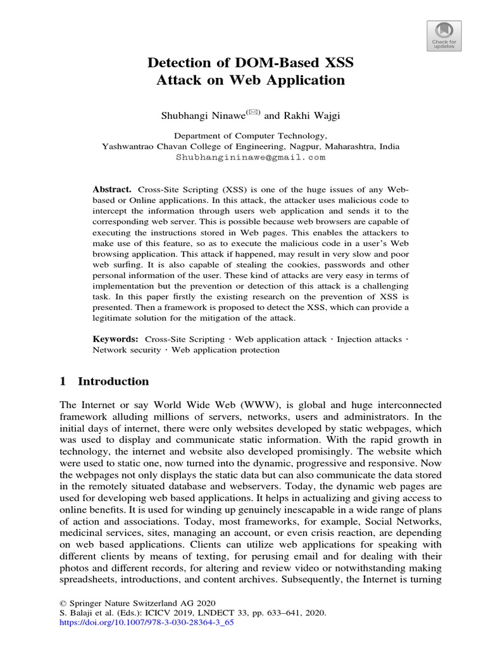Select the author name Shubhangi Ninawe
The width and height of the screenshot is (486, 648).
[x=198, y=115]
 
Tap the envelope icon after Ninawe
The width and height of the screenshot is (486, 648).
[x=235, y=112]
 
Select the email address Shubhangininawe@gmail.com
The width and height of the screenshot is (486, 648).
[x=251, y=157]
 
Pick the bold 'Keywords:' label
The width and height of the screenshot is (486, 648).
[x=116, y=339]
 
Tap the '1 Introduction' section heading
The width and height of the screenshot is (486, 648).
[x=104, y=381]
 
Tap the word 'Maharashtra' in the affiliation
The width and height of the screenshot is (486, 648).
[x=347, y=146]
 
